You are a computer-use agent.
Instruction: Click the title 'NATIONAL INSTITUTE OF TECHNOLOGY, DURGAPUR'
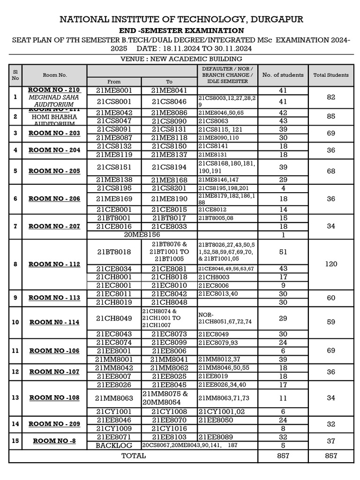pos(181,19)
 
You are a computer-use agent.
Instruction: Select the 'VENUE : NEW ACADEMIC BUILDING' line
pos(181,59)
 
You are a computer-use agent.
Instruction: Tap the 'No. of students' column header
pos(283,75)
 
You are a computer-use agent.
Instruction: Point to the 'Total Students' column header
pos(331,75)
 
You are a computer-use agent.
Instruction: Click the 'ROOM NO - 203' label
pos(54,133)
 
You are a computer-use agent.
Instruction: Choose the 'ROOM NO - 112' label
pos(54,264)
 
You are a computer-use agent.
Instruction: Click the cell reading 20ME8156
pos(142,234)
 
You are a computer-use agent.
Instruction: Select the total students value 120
pos(331,264)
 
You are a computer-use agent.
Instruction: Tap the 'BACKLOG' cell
pos(114,445)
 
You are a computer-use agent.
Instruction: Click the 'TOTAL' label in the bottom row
pos(134,456)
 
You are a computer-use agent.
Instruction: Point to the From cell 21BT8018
pos(114,252)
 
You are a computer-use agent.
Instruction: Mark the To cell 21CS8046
pos(169,101)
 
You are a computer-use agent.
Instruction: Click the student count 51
pos(283,252)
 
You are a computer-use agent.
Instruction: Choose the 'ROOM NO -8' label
pos(54,441)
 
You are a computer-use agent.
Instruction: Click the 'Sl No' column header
pos(15,75)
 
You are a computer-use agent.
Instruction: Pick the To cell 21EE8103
pos(169,436)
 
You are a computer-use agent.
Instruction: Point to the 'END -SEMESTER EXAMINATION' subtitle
pos(181,30)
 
